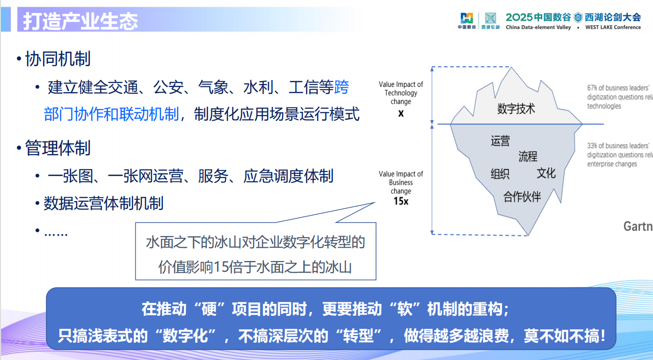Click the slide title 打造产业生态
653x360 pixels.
coord(81,22)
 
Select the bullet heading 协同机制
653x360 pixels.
coord(58,59)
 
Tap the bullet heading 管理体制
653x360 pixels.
coord(58,148)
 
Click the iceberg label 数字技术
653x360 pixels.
coord(516,109)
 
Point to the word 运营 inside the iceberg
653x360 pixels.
coord(500,141)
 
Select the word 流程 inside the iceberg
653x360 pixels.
coord(528,156)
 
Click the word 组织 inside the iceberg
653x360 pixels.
coord(500,174)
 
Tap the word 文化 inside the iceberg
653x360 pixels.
coord(546,173)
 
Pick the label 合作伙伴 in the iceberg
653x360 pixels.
coord(522,197)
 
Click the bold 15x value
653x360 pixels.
coord(401,201)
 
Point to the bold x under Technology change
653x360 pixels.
coord(401,114)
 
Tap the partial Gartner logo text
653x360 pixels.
coord(638,226)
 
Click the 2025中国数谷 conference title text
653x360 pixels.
coord(538,17)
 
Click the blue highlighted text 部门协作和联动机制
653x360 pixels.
coord(111,115)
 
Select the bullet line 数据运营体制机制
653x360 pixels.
coord(103,203)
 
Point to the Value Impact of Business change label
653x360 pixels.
coord(401,182)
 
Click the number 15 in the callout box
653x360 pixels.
coord(222,267)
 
